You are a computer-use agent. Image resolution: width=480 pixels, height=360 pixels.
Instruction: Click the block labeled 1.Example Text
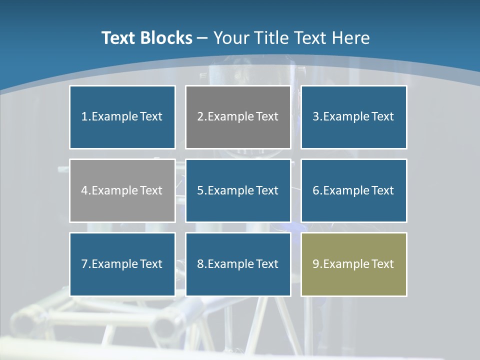[122, 117]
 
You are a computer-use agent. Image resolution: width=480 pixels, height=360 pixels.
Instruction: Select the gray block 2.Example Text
[238, 117]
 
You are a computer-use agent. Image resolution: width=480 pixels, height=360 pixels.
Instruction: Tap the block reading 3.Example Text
[353, 117]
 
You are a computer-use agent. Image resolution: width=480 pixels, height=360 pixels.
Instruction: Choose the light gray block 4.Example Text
[122, 190]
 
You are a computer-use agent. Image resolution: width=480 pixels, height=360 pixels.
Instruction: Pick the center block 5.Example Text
[238, 190]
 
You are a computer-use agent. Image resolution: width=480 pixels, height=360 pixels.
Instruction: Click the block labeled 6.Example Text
[353, 190]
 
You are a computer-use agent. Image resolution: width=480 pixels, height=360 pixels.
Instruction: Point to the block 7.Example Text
[122, 264]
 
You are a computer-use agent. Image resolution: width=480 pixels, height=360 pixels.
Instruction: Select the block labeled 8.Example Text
[238, 264]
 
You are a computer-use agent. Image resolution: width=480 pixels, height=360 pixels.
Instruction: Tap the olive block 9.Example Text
[353, 264]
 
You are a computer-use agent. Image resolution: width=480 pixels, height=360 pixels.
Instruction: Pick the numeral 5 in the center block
[200, 190]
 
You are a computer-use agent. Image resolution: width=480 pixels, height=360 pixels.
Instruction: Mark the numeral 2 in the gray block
[200, 117]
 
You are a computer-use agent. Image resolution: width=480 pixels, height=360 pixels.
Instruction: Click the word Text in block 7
[151, 264]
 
